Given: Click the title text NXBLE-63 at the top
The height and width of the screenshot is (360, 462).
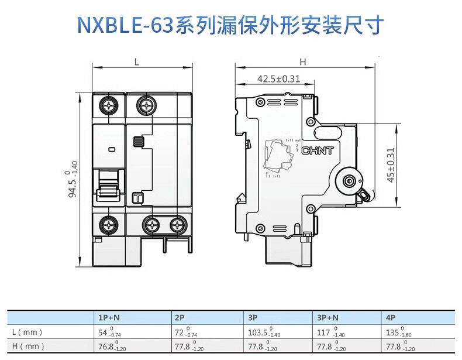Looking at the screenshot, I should (125, 25).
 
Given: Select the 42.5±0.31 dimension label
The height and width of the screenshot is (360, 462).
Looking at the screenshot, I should (278, 79).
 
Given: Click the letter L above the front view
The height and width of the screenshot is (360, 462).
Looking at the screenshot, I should (136, 61).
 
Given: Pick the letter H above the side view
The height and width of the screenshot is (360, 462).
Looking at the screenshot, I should (302, 61).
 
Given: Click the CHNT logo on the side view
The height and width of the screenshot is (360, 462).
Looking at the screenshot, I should (318, 150).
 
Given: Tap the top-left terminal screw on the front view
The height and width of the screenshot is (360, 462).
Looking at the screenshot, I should (109, 106).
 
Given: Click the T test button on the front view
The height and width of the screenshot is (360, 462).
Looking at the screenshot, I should (137, 198).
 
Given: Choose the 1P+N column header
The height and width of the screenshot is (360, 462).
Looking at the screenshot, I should (110, 318).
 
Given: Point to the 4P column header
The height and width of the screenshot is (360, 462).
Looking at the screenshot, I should (391, 318).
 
